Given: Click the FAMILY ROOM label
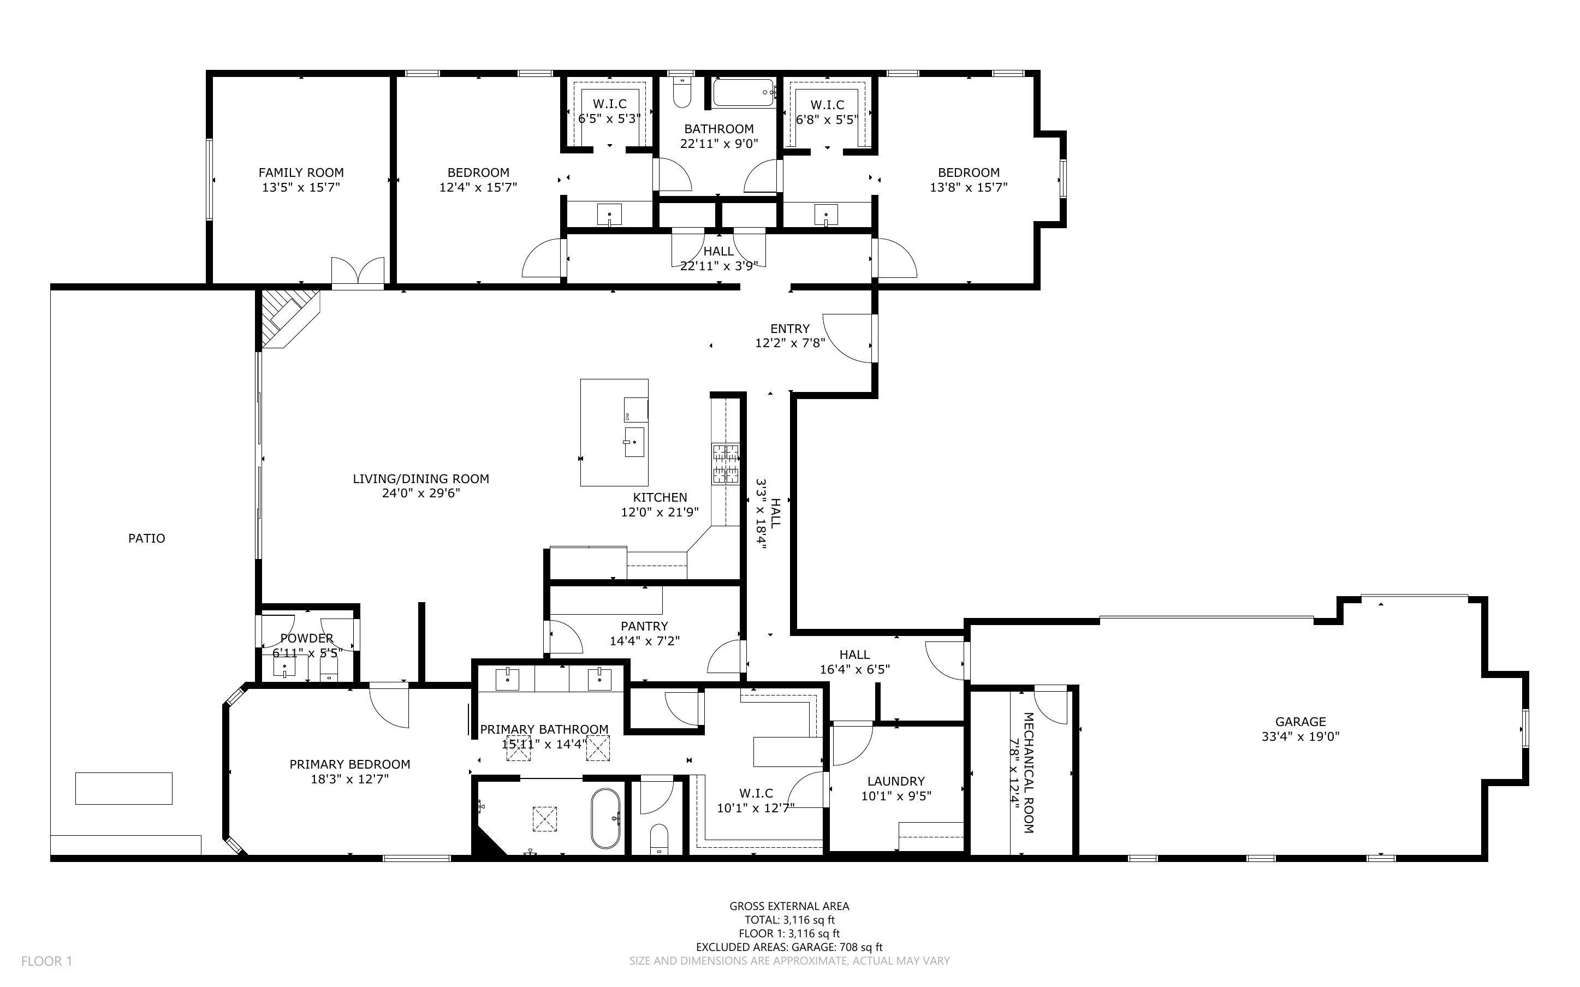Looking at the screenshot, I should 301,173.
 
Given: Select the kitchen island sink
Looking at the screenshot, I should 634,442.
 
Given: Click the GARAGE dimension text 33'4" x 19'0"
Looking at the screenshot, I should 1300,736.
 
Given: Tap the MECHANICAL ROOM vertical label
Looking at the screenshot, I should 1028,773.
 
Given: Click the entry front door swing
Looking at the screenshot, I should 848,338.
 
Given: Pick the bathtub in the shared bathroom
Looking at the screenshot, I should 744,93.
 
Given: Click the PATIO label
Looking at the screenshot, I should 146,538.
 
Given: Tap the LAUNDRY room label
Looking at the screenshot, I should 895,781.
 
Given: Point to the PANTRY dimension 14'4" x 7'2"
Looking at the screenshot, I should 644,641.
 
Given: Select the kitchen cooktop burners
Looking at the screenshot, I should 725,463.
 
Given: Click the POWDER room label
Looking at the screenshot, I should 307,638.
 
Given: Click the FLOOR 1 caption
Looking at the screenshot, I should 46,961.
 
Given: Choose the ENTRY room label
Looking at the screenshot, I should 789,328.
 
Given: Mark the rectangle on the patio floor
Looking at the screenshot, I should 123,788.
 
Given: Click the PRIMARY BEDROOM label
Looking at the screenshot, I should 350,764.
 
